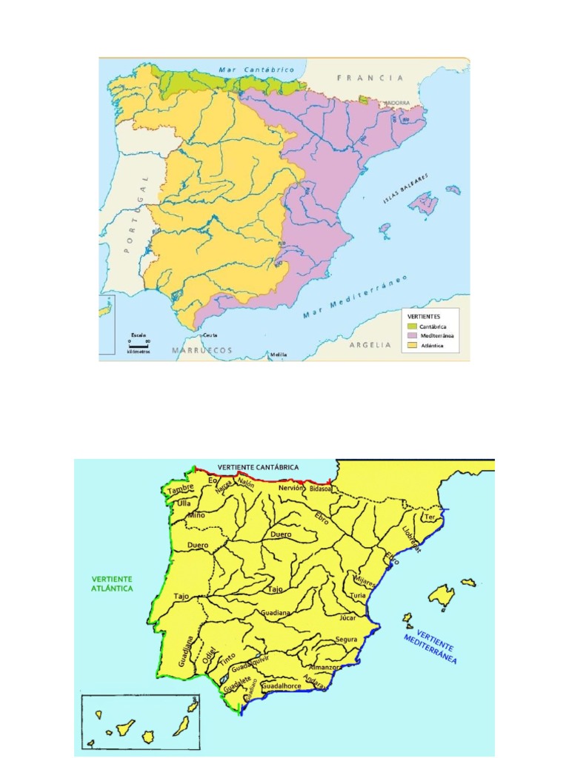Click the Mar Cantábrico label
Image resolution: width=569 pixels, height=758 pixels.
[x=256, y=70]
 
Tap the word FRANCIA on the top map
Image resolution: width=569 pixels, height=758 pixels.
[x=370, y=78]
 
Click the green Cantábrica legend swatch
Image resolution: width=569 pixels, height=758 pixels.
[x=413, y=326]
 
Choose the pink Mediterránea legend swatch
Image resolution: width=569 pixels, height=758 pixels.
[x=413, y=336]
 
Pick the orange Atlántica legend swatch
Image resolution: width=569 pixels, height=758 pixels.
[x=413, y=346]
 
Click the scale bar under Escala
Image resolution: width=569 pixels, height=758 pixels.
[x=139, y=345]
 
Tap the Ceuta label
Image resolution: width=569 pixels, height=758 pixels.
[x=210, y=335]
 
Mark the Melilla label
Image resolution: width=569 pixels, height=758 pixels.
[x=278, y=355]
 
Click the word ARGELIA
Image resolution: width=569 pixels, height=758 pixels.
[x=370, y=344]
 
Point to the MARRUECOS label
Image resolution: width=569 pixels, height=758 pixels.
[x=202, y=350]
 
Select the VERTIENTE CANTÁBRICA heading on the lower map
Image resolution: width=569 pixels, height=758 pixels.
[x=258, y=467]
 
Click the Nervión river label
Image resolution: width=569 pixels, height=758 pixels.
[x=291, y=489]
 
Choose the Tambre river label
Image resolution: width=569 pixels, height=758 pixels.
[x=180, y=489]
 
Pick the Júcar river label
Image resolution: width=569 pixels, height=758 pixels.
[x=348, y=616]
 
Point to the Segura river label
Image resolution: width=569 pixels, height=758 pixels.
[x=346, y=639]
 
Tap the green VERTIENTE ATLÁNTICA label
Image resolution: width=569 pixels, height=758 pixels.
[x=112, y=583]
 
